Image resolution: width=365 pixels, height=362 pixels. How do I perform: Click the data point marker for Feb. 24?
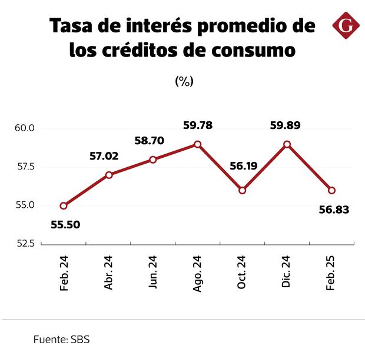pyautogui.click(x=64, y=206)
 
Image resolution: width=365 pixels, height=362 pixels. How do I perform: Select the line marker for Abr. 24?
pyautogui.click(x=109, y=175)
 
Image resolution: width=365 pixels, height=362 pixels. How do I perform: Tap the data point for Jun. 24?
pyautogui.click(x=153, y=160)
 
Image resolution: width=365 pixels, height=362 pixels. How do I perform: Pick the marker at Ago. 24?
pyautogui.click(x=198, y=144)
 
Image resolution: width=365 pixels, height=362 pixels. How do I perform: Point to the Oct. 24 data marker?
pyautogui.click(x=243, y=190)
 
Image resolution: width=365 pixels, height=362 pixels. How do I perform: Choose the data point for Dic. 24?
pyautogui.click(x=287, y=144)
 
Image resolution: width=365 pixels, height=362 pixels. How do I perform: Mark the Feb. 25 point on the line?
pyautogui.click(x=331, y=190)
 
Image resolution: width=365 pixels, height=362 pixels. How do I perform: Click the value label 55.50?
pyautogui.click(x=65, y=224)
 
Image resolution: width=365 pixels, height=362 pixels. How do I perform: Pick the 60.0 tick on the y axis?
pyautogui.click(x=26, y=128)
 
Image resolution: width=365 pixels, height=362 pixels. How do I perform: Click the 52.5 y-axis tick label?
pyautogui.click(x=26, y=244)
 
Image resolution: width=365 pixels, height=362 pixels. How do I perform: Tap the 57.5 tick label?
pyautogui.click(x=26, y=167)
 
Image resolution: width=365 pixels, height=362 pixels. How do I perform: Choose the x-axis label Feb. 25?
pyautogui.click(x=331, y=273)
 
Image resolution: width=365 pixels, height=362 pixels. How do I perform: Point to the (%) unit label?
pyautogui.click(x=184, y=82)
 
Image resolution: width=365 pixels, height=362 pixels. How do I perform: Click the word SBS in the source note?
pyautogui.click(x=79, y=340)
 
